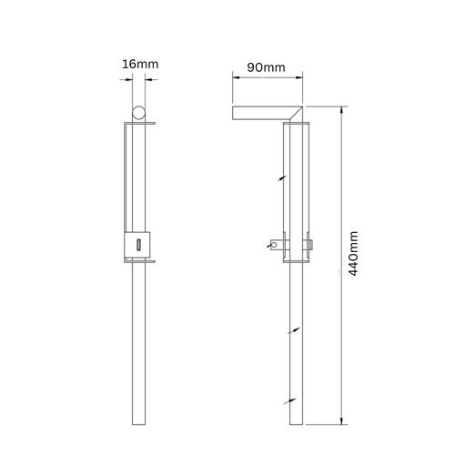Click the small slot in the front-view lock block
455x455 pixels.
coord(137,245)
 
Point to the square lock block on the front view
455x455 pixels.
coord(137,245)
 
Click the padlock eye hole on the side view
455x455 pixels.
coord(274,242)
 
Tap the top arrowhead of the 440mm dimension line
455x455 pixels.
coord(342,108)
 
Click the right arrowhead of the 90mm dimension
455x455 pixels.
coord(305,78)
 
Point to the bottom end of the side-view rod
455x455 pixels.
coord(297,423)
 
